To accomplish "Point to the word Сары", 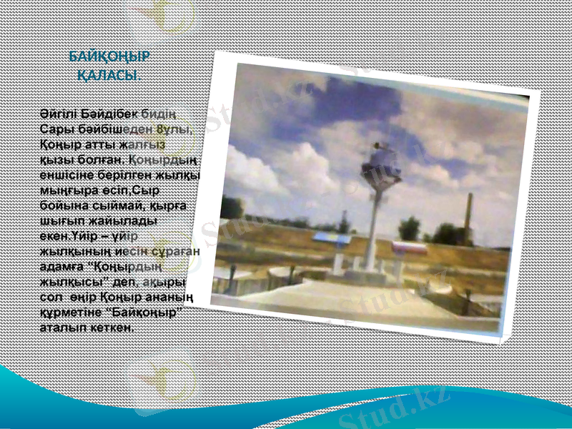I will click(54, 129).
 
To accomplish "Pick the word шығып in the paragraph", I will click(59, 222).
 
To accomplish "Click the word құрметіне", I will click(73, 313).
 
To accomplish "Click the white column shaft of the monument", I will click(373, 229).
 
